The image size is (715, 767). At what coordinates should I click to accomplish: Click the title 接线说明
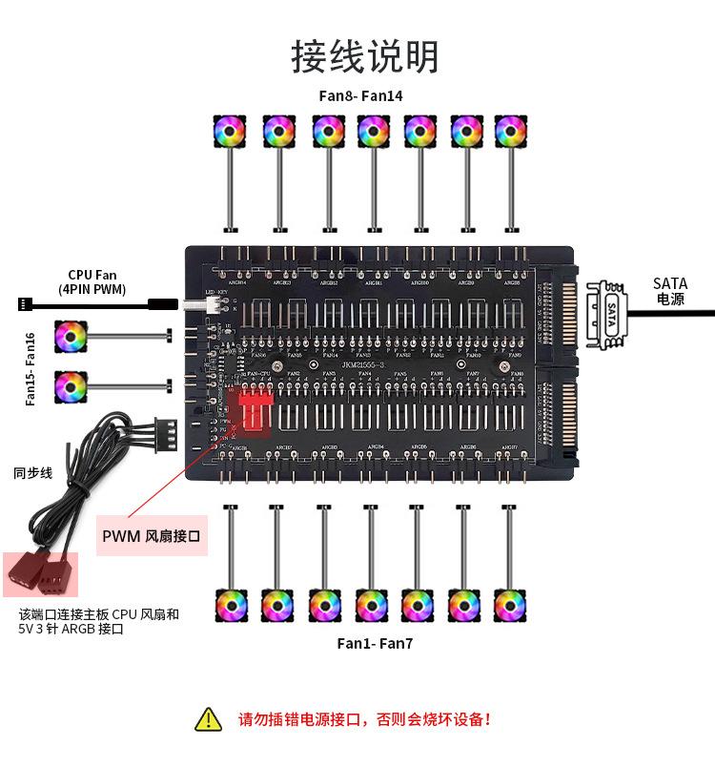[x=365, y=57]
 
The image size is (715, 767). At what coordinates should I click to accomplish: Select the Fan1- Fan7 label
[x=375, y=643]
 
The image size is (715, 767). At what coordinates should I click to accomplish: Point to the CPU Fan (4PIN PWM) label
[x=92, y=281]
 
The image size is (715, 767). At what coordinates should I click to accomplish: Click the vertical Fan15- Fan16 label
[x=31, y=369]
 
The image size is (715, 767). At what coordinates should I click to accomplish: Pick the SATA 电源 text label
[x=670, y=291]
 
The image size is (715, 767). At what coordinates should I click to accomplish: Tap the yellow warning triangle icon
[x=207, y=719]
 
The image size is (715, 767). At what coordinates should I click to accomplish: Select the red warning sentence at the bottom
[x=365, y=719]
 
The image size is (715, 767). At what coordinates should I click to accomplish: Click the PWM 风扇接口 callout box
[x=153, y=536]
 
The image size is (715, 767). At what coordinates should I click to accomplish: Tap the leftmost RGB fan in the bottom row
[x=230, y=605]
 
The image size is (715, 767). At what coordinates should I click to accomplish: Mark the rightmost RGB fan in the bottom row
[x=511, y=605]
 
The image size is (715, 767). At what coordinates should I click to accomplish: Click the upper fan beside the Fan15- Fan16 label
[x=70, y=335]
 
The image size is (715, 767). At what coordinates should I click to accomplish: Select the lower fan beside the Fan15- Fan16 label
[x=70, y=385]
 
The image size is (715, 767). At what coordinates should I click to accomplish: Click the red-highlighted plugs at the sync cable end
[x=41, y=575]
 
